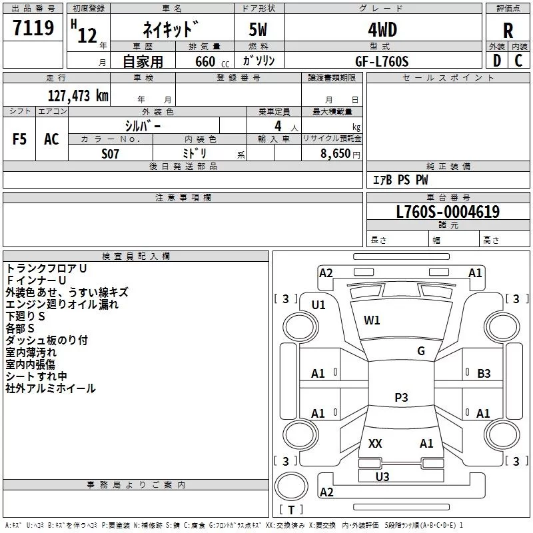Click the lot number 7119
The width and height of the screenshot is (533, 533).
click(33, 29)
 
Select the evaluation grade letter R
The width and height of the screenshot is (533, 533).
click(508, 31)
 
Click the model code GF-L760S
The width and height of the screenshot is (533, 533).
click(382, 61)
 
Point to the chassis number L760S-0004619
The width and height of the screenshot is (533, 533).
click(447, 212)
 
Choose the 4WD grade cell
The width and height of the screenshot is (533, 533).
click(382, 30)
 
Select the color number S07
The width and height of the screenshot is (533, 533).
click(111, 153)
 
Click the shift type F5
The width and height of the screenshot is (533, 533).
click(20, 139)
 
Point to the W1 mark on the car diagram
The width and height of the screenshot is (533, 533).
click(372, 320)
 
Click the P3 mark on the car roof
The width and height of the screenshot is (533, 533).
click(401, 398)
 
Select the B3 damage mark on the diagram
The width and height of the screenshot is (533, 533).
click(484, 374)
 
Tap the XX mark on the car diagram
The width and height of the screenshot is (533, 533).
click(375, 443)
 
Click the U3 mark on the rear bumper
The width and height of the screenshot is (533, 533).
click(382, 476)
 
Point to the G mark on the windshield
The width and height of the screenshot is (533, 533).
click(420, 351)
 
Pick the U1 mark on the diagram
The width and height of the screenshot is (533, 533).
click(318, 304)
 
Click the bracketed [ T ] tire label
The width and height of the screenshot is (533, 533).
click(290, 510)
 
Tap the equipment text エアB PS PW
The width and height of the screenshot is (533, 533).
click(400, 180)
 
